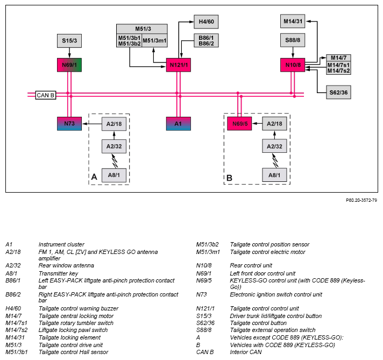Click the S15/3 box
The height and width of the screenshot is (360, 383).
click(x=69, y=41)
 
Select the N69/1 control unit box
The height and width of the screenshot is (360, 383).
click(x=69, y=65)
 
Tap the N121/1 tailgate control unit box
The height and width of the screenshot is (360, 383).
click(x=179, y=65)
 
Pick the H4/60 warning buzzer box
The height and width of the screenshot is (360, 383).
click(x=206, y=22)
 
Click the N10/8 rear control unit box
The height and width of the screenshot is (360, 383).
click(x=293, y=65)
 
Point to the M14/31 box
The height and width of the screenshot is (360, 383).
click(x=293, y=22)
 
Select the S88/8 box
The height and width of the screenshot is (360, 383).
click(x=293, y=40)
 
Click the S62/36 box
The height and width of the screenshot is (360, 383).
click(x=338, y=93)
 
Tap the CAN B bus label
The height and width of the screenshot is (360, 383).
click(x=46, y=95)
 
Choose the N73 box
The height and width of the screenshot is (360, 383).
click(x=69, y=124)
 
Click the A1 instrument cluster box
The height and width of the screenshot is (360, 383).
click(x=179, y=124)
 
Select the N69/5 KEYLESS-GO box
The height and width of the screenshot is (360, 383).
click(x=239, y=124)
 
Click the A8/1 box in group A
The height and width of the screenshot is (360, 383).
click(x=114, y=175)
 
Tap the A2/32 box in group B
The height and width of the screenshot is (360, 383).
click(x=274, y=146)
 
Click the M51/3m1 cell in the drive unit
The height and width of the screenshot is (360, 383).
click(x=154, y=40)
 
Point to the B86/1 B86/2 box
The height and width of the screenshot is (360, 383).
click(x=206, y=40)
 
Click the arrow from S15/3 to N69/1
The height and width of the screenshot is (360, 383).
click(x=69, y=53)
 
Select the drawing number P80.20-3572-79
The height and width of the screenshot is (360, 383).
click(x=361, y=200)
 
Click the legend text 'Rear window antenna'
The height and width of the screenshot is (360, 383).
click(x=66, y=265)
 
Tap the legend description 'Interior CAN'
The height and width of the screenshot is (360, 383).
click(x=246, y=352)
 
